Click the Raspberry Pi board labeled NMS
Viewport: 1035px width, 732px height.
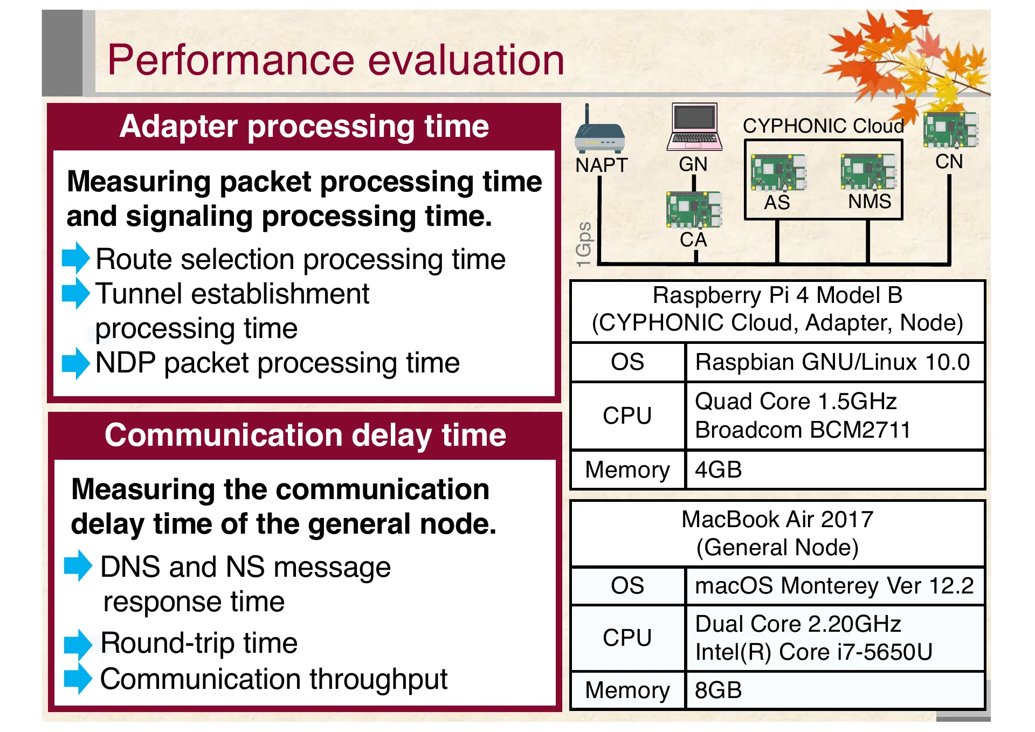(x=868, y=171)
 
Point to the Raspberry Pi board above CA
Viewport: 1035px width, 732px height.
(x=694, y=209)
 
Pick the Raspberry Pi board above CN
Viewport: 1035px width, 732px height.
(x=950, y=130)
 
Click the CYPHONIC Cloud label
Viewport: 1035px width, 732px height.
(x=823, y=126)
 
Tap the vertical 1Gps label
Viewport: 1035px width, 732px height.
(x=584, y=244)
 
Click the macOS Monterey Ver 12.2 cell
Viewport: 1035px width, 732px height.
(x=834, y=585)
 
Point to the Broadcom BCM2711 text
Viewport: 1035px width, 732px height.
(x=803, y=430)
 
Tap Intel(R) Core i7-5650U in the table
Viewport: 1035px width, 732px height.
(x=813, y=652)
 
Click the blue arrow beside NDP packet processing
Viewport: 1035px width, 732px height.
(x=75, y=363)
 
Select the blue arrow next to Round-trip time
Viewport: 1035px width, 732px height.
(x=78, y=644)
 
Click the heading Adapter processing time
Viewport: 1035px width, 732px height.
(x=304, y=127)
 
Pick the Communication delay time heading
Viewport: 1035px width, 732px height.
(x=305, y=435)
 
